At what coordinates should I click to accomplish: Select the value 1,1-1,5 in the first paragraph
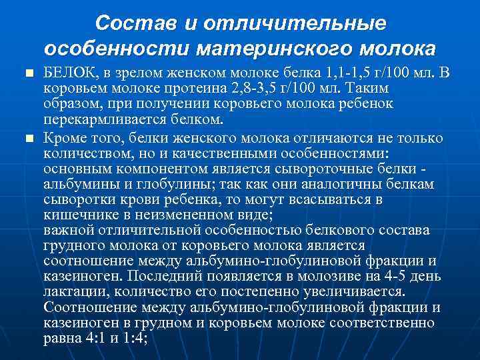pos(313,73)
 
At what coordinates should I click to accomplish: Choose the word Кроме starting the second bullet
pos(63,137)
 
